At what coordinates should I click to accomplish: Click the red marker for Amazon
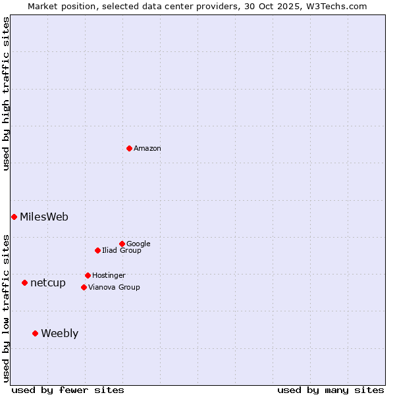pos(129,148)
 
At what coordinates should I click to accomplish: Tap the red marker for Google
pos(122,244)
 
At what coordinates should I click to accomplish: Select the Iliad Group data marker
pos(97,250)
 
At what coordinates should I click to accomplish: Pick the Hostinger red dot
pos(88,275)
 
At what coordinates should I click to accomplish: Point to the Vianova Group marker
pos(84,287)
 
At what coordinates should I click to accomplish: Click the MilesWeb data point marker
pos(14,217)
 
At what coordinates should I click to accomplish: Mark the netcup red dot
pos(24,282)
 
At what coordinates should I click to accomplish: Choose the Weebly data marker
pos(35,333)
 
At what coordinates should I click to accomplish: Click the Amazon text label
pos(147,149)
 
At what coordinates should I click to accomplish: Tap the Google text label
pos(138,244)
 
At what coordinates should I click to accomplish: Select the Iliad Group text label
pos(122,251)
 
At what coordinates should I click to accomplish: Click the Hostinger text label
pos(109,275)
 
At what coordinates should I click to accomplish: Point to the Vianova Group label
pos(114,287)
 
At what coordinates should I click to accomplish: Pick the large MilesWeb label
pos(44,217)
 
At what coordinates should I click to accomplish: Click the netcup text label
pos(48,283)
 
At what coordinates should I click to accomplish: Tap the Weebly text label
pos(59,334)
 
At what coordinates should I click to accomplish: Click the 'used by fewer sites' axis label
pos(68,390)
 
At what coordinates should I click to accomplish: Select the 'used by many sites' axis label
pos(330,390)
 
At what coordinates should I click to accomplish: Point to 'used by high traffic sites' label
pos(6,93)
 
